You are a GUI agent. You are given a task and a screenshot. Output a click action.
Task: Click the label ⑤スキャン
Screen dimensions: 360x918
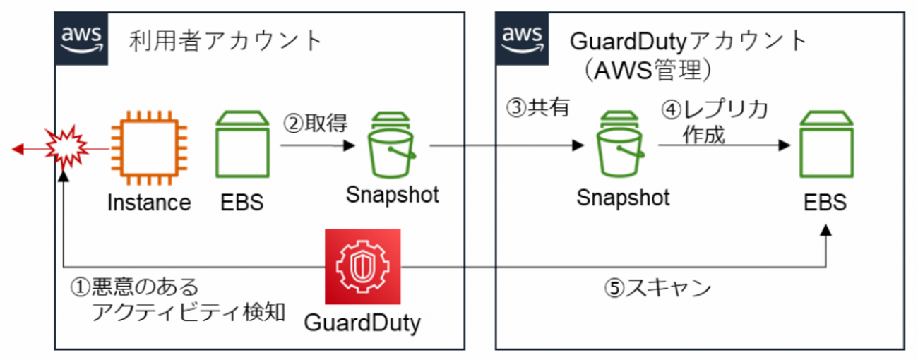pyautogui.click(x=657, y=289)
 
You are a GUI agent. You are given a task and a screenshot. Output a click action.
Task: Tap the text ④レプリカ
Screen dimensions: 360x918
pyautogui.click(x=714, y=110)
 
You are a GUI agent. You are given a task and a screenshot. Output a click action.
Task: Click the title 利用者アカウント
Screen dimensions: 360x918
pyautogui.click(x=226, y=40)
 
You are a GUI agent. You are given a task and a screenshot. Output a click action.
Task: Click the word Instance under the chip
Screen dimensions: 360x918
pyautogui.click(x=149, y=203)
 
